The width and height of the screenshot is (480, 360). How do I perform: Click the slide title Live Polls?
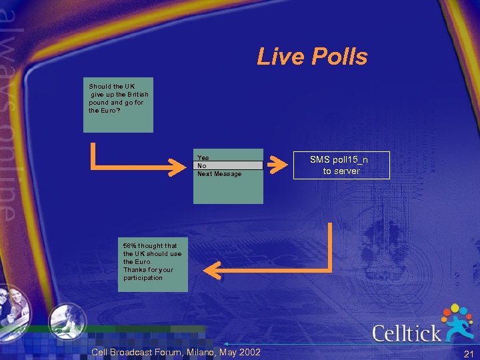click(312, 57)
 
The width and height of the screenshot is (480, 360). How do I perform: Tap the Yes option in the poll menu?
click(203, 158)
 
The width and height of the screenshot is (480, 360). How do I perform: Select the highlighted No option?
click(202, 166)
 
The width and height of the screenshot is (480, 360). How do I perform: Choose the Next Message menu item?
click(219, 174)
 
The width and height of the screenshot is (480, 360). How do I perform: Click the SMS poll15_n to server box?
click(341, 165)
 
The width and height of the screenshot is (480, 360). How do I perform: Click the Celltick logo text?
click(406, 333)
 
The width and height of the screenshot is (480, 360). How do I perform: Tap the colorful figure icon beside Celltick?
click(457, 321)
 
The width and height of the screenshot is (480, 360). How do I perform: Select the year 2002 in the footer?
click(250, 351)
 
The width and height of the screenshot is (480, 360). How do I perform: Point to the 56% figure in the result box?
click(129, 246)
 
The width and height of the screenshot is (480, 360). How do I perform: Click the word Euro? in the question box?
click(111, 111)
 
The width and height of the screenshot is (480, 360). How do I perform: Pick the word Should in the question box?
click(100, 87)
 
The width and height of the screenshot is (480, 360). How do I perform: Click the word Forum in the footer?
click(157, 351)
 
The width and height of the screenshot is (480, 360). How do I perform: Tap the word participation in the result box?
click(143, 278)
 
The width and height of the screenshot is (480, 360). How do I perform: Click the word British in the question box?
click(136, 95)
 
